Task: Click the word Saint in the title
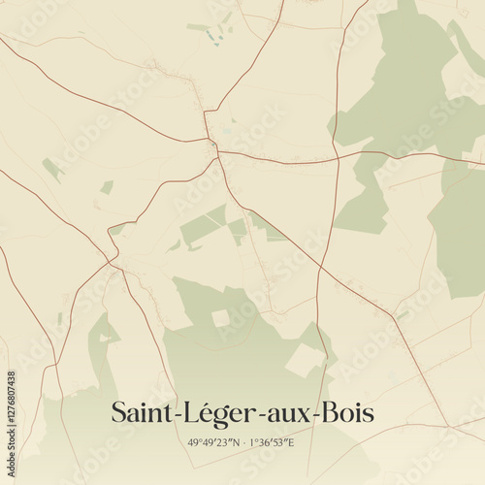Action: click(x=140, y=412)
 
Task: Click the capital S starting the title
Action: click(x=118, y=412)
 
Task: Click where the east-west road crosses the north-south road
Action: click(x=337, y=157)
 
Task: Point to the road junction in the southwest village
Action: click(x=114, y=260)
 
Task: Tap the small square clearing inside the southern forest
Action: click(x=221, y=317)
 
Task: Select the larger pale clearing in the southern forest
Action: click(x=305, y=361)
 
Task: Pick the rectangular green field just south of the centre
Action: click(x=204, y=228)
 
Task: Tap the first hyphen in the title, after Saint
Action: click(x=168, y=416)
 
